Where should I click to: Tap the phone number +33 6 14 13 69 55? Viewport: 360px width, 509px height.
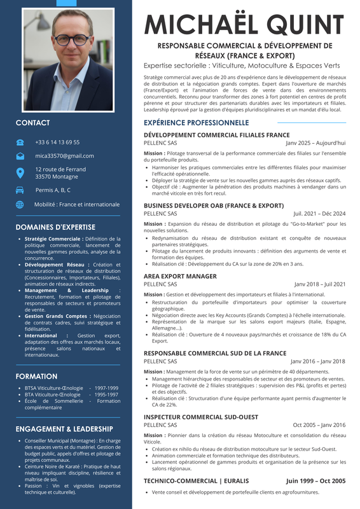[57, 142]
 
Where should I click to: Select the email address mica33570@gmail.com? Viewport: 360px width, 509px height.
[64, 155]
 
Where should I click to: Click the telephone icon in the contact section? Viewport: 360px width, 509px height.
[20, 142]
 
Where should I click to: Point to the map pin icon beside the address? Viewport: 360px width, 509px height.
[20, 172]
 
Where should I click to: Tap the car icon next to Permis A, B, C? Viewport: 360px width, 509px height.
[20, 190]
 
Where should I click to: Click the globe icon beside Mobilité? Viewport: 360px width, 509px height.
[20, 204]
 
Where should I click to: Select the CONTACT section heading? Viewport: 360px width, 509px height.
[32, 123]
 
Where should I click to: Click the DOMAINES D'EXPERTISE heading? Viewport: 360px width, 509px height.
[55, 227]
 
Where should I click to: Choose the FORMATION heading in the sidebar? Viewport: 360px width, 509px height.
[36, 376]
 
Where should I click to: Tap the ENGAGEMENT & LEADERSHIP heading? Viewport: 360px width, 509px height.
[64, 429]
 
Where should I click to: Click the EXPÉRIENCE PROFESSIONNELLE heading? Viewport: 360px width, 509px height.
[196, 122]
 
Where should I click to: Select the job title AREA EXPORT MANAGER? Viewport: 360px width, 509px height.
[180, 276]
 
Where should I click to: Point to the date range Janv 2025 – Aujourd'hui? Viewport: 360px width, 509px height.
[315, 143]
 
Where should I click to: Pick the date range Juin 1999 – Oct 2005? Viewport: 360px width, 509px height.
[315, 481]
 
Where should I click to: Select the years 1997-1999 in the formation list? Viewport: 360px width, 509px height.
[104, 387]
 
